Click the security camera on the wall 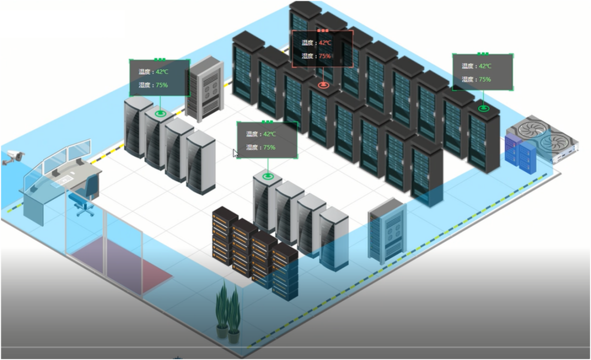point(13,157)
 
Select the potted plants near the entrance point(228,309)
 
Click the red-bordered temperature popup point(322,48)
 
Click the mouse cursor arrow point(235,153)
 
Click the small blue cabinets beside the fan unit point(520,152)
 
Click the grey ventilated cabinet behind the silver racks point(203,89)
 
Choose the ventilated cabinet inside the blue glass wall point(386,230)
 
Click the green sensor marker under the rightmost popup point(483,108)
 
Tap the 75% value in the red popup point(325,56)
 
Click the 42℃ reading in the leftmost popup point(162,72)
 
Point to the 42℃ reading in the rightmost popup point(485,66)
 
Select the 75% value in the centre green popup point(269,147)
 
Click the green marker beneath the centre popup point(267,175)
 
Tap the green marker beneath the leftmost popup point(160,113)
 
